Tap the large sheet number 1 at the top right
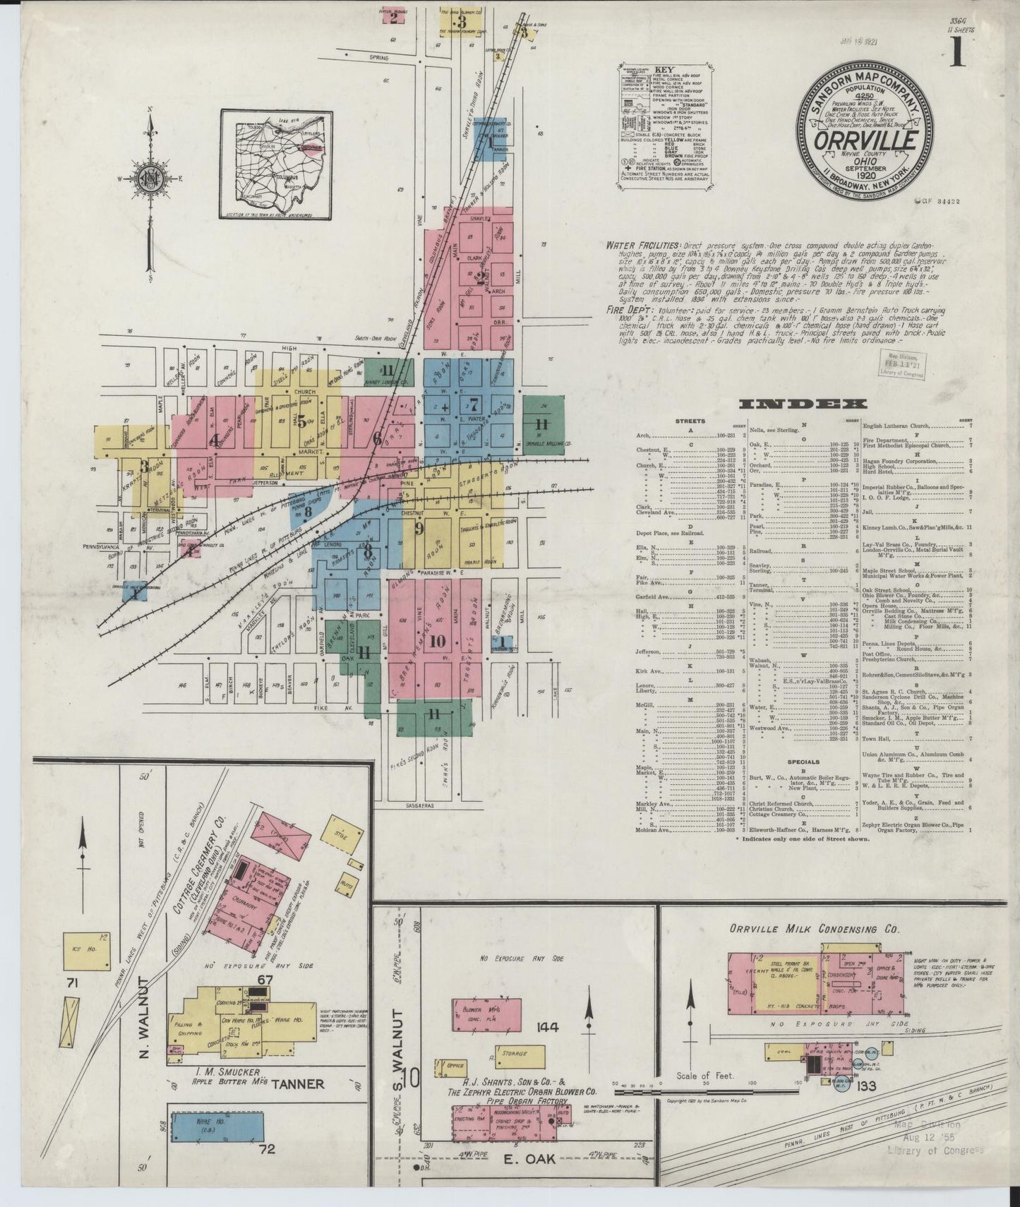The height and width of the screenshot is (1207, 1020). coord(957,52)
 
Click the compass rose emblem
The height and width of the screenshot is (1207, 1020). coord(150,176)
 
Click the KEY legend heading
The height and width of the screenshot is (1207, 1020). coord(665,71)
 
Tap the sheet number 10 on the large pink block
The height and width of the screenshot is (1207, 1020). coord(437,641)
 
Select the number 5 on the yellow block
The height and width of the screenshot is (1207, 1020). coord(301,422)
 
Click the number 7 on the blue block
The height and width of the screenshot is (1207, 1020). coord(474,405)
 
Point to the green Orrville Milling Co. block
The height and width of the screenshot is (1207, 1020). coord(543,424)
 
